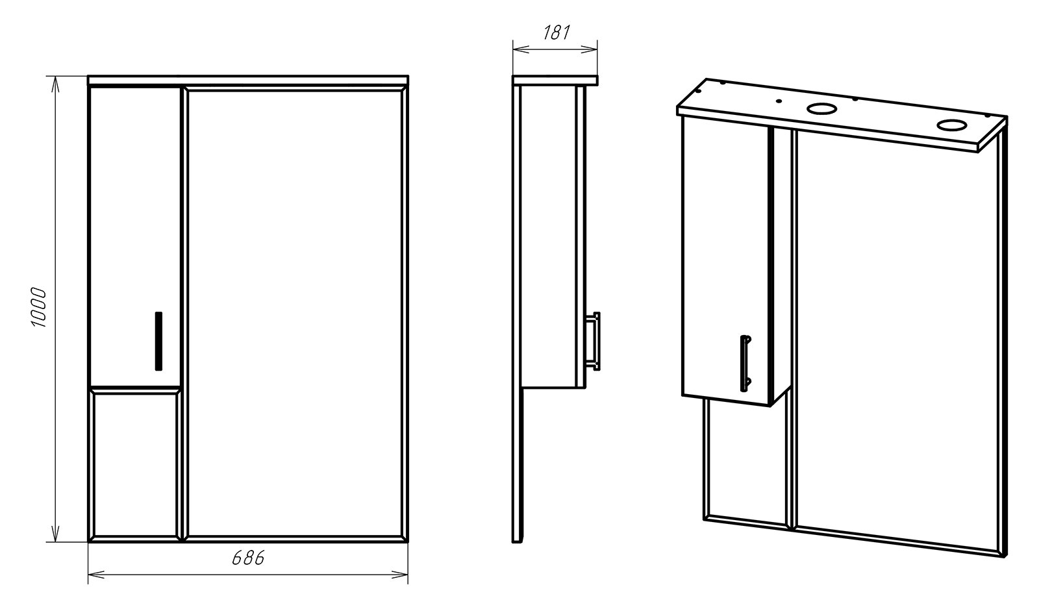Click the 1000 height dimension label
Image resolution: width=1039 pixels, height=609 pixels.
tap(39, 308)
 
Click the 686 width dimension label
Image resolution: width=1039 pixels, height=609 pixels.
tap(248, 558)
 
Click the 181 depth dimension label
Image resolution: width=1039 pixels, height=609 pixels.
tap(556, 32)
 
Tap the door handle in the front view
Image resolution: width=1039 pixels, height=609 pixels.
tap(158, 341)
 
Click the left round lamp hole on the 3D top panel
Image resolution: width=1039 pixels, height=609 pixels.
tap(821, 109)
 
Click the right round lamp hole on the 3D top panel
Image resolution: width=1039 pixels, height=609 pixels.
tap(951, 125)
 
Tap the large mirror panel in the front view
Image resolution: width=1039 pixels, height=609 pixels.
tap(296, 314)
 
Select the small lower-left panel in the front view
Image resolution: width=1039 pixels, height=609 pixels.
tap(135, 466)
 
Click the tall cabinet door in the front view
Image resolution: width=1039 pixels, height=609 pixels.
tap(135, 236)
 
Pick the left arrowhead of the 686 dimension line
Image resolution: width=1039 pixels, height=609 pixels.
tap(95, 575)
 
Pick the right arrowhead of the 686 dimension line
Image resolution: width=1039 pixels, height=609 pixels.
tap(400, 575)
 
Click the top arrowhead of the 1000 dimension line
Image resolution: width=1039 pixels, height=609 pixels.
tap(55, 84)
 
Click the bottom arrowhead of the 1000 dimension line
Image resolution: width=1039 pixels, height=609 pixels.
tap(55, 534)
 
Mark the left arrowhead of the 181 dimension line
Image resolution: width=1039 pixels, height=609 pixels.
tap(520, 49)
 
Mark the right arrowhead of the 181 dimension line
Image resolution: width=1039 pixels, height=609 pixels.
tap(589, 49)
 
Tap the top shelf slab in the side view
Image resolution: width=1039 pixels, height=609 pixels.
tap(555, 81)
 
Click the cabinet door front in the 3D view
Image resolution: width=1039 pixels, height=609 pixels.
tap(725, 260)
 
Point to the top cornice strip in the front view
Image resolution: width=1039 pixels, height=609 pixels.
tap(248, 81)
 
